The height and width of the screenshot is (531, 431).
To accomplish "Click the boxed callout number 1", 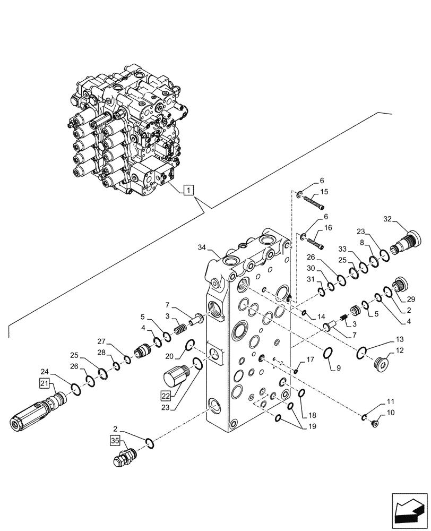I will click(x=190, y=189).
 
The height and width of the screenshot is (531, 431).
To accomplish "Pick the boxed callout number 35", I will click(x=116, y=440).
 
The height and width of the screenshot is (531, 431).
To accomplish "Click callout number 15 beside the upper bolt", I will click(x=325, y=192).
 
